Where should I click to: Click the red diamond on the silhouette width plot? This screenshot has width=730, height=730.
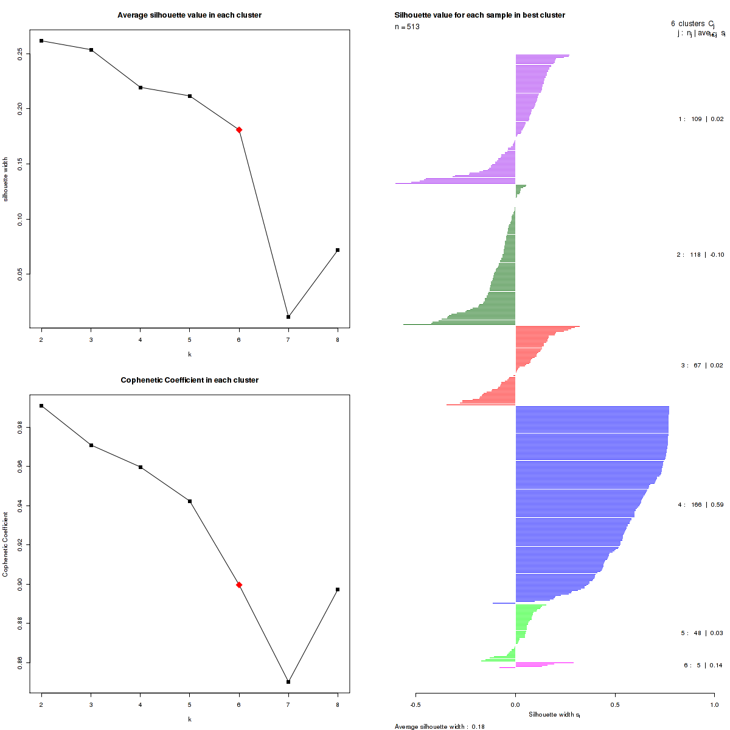pos(239,130)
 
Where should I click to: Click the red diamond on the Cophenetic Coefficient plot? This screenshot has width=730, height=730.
pos(239,585)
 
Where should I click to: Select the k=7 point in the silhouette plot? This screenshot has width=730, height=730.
pos(288,317)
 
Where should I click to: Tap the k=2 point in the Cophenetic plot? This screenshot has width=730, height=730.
pos(41,406)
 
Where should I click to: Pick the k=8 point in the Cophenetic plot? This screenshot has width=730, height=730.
pos(338,589)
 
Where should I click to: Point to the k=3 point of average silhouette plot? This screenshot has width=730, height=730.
pos(91,50)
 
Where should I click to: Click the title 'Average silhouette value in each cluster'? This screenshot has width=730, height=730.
pos(189,15)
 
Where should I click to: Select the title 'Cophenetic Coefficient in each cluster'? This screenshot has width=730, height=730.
pos(189,380)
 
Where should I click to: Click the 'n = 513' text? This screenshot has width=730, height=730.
pos(407,27)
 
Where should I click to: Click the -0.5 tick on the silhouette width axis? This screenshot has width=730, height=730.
pos(415,705)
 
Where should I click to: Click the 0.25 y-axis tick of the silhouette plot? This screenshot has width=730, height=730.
pos(21,54)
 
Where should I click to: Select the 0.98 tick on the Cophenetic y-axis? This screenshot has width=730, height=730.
pos(21,428)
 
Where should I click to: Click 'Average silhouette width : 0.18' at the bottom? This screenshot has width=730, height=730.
pos(439,726)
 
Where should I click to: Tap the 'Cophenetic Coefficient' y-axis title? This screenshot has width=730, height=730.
pos(5,544)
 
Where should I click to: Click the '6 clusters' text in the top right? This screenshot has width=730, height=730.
pos(688,24)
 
